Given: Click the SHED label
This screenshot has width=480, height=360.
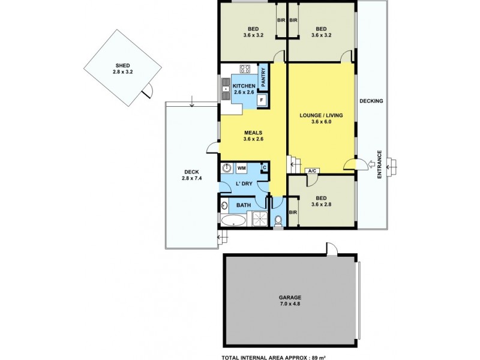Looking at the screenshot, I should [x=122, y=66].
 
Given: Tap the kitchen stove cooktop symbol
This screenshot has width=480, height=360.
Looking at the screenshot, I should [x=245, y=70].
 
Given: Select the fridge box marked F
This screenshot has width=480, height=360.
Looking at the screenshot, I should [x=262, y=101].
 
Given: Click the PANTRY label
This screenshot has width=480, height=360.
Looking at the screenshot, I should [x=263, y=77].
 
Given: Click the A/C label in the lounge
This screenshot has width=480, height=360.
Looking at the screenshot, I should [x=312, y=171].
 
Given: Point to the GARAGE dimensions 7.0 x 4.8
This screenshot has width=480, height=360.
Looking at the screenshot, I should [x=289, y=304].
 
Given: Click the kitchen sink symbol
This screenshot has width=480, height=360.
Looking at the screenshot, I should [x=226, y=89].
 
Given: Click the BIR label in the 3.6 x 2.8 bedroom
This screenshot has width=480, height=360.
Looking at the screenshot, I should [x=293, y=213].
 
